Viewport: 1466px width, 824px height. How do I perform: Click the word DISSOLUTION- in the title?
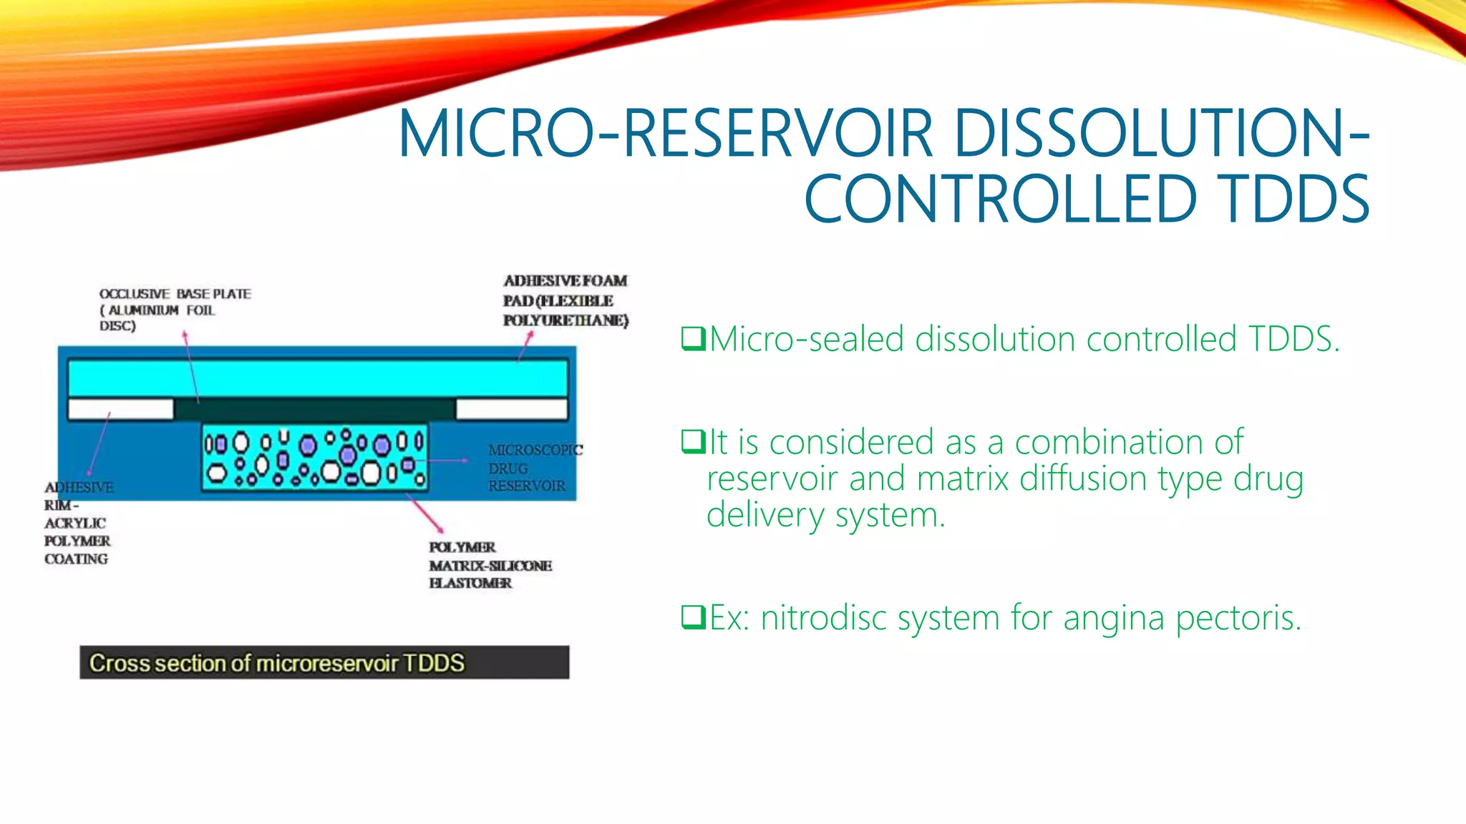click(1160, 134)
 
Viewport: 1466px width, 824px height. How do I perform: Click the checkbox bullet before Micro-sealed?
click(693, 339)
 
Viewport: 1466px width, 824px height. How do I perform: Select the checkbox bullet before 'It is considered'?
click(693, 441)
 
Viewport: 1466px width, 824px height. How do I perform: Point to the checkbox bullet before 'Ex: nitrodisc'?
click(693, 617)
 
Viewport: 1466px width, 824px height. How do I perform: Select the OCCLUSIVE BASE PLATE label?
click(175, 310)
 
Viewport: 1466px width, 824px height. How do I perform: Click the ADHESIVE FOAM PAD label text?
click(565, 300)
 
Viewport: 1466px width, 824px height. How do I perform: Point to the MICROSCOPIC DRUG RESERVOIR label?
click(534, 469)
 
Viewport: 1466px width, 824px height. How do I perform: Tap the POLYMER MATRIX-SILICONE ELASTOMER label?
click(490, 565)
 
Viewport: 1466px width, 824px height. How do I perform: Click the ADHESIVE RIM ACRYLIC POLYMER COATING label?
click(77, 523)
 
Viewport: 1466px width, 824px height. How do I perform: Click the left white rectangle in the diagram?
click(120, 409)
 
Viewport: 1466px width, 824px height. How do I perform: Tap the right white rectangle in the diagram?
click(511, 409)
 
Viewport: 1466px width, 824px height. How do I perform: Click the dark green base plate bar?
click(314, 410)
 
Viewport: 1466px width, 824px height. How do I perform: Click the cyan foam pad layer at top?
click(317, 378)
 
